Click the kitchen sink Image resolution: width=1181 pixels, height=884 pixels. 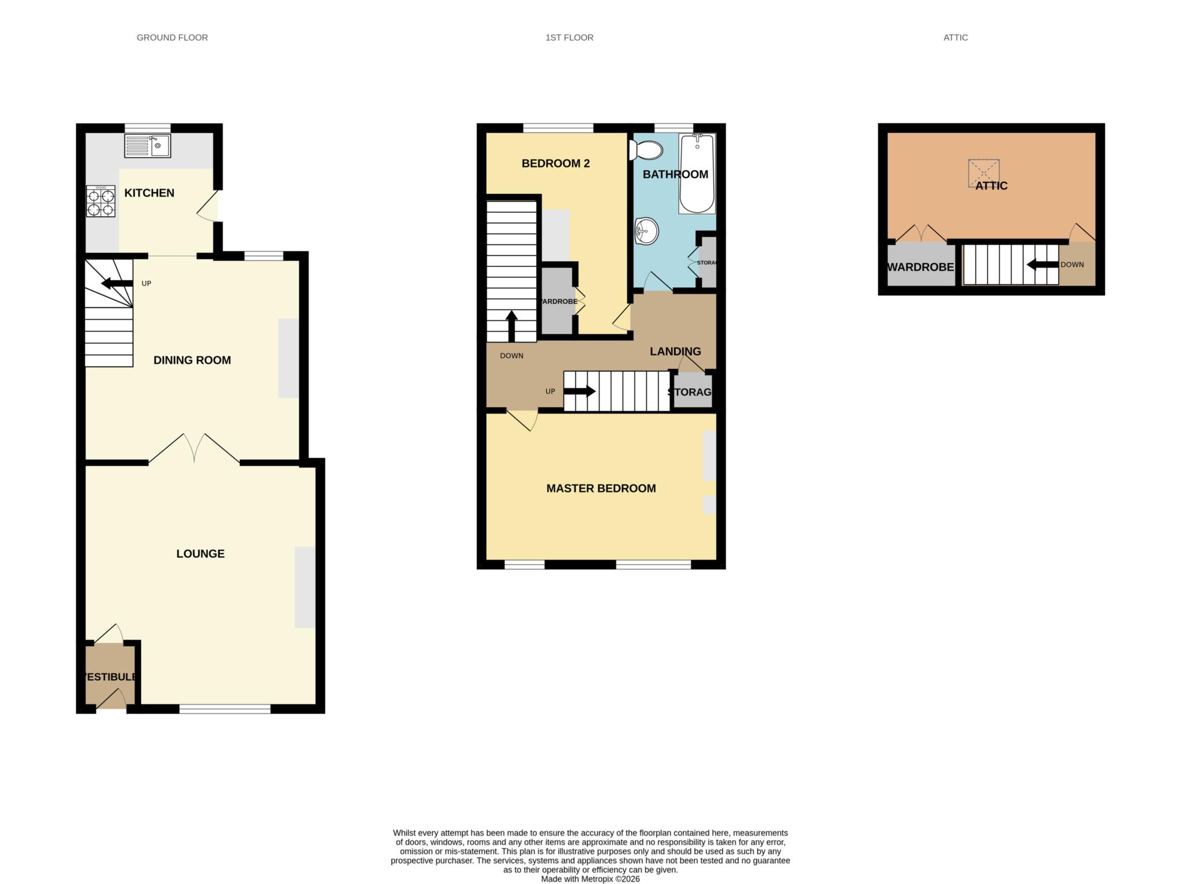coord(148,146)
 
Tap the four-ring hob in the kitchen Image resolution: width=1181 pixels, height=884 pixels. coord(101,201)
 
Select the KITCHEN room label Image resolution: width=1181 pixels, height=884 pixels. coord(149,193)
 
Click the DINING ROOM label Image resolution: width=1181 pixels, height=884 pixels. coord(192,360)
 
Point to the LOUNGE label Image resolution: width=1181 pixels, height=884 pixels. coord(200,554)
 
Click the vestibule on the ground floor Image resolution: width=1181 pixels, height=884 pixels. coord(110,675)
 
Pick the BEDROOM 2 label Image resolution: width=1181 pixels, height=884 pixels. coord(555,164)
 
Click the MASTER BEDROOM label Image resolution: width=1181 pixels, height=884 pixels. coord(601,488)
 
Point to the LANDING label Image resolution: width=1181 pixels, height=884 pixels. coord(675,351)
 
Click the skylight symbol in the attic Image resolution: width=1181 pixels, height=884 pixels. coord(983,172)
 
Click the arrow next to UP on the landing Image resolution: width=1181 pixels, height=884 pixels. coord(579,392)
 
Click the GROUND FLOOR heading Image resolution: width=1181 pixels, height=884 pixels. coord(172,37)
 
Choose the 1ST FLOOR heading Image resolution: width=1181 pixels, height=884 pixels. coord(569,37)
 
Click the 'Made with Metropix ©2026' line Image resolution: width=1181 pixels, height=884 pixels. coord(590,879)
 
